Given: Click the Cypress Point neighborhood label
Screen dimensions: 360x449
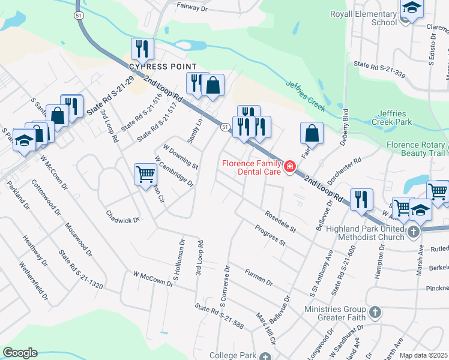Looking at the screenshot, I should click(x=163, y=65).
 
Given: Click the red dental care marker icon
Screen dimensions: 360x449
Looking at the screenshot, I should click(x=290, y=166).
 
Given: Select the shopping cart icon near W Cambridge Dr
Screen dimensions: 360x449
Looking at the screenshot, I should click(x=145, y=175).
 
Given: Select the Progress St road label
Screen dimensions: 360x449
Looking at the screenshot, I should click(x=270, y=235).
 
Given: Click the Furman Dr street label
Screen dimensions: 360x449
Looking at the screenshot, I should click(x=259, y=277).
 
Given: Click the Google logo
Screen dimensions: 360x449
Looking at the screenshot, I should click(x=20, y=353).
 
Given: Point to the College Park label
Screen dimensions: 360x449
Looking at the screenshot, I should click(x=232, y=355).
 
